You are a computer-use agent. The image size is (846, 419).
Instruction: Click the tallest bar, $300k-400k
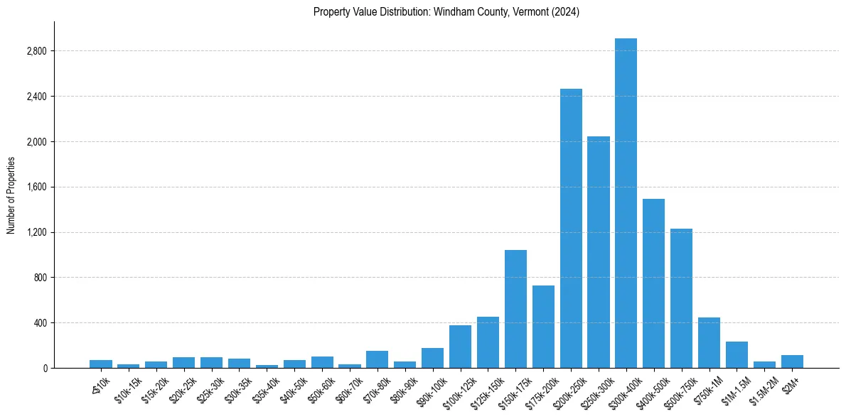[x=626, y=203]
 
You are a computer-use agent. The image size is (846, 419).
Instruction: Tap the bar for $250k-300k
[x=599, y=252]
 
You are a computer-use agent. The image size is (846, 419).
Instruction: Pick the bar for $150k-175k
[x=515, y=309]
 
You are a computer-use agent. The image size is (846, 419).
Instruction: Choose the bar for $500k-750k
[x=681, y=298]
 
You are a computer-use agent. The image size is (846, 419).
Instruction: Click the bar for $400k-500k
[x=653, y=283]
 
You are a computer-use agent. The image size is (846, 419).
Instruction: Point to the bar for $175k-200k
[x=543, y=327]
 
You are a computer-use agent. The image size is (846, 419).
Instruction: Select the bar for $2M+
[x=792, y=361]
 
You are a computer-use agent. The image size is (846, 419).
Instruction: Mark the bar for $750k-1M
[x=709, y=342]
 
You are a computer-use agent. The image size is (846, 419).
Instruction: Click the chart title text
[x=446, y=12]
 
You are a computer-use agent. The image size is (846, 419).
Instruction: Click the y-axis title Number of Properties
[x=11, y=195]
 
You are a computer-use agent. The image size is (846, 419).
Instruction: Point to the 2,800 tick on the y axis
[x=36, y=51]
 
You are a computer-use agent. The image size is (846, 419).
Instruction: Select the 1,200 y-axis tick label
[x=36, y=232]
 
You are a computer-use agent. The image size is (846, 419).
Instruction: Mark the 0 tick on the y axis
[x=44, y=368]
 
